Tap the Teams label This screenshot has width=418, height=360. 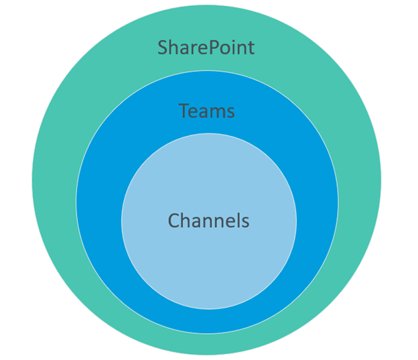coord(207,111)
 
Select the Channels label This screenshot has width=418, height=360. coord(208,221)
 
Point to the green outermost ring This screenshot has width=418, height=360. coord(54,181)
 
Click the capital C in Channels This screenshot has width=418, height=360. coord(173,221)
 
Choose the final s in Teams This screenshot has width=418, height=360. coord(231,111)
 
